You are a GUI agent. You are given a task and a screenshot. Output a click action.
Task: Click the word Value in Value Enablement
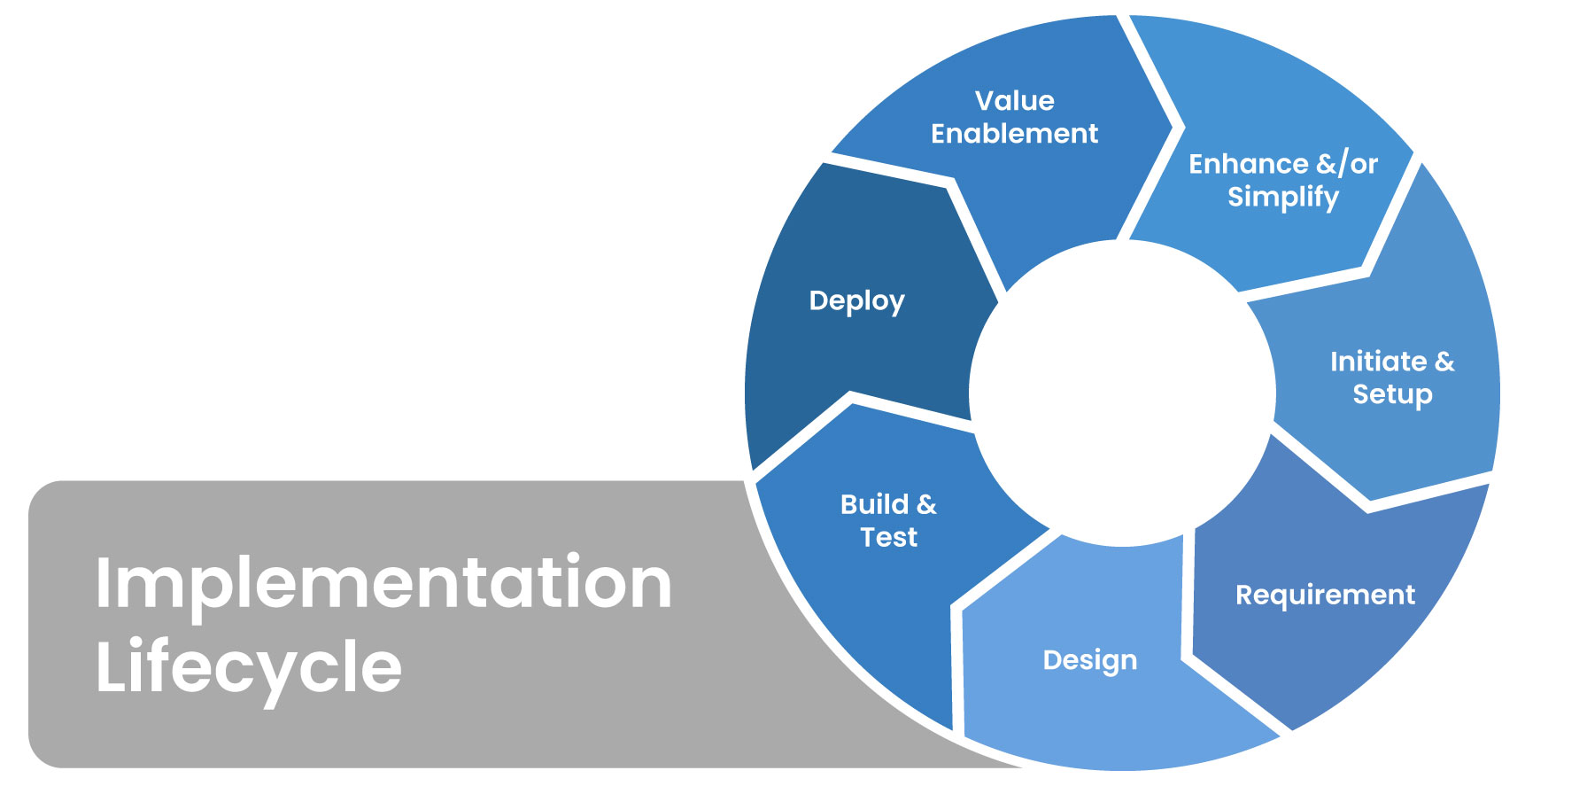click(1014, 101)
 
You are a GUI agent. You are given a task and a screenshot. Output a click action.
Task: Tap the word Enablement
click(1014, 134)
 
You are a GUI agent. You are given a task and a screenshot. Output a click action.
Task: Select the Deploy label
click(856, 301)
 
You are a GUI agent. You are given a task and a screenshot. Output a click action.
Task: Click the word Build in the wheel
click(875, 504)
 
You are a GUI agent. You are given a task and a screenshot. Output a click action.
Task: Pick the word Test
click(888, 537)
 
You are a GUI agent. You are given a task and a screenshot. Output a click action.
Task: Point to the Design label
click(1089, 660)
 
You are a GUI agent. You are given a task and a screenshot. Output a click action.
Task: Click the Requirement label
click(1325, 595)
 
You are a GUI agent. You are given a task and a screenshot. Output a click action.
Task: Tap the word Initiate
click(1378, 362)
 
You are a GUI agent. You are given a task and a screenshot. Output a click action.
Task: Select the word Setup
click(1392, 394)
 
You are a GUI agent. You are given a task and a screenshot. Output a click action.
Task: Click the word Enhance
click(1248, 164)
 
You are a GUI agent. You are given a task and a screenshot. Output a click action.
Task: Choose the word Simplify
click(1282, 197)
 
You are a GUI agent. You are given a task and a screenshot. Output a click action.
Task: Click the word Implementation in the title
click(383, 583)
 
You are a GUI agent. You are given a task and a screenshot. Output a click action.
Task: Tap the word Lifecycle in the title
click(248, 666)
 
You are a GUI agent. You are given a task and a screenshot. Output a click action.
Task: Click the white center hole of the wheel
click(1122, 393)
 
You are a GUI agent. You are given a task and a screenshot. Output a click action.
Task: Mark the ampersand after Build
click(926, 504)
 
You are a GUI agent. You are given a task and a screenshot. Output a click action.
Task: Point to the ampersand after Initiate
click(1444, 362)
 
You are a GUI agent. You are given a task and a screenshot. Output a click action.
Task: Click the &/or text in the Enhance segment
click(1347, 164)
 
